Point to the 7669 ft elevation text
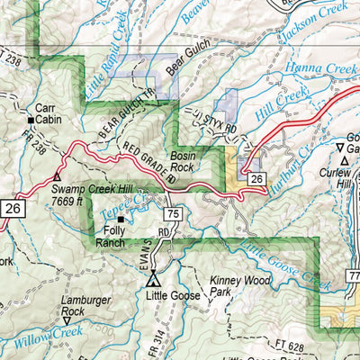coord(74,202)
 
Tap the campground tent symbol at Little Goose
coord(153,277)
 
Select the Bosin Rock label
coord(183,161)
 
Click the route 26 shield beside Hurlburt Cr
coord(256,180)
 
